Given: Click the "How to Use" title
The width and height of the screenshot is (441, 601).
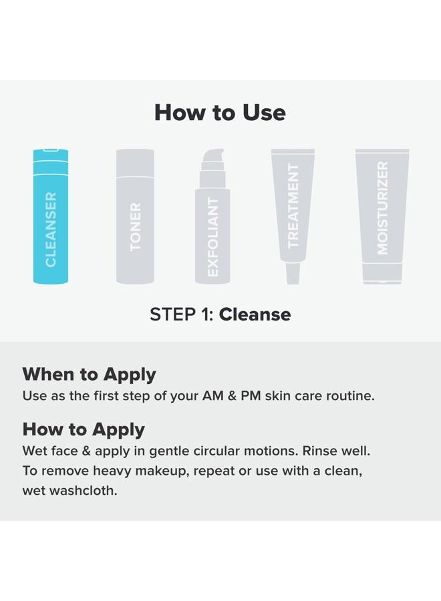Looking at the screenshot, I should pos(220,112).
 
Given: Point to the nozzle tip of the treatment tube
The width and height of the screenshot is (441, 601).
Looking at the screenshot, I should pos(293,274).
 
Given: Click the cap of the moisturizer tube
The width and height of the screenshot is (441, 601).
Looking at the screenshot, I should pos(382,272).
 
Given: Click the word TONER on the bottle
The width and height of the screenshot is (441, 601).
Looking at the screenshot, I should pos(136,227).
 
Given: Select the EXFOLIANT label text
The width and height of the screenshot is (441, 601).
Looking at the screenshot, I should pos(213,236).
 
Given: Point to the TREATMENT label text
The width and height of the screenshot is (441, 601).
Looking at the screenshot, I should pos(293,206).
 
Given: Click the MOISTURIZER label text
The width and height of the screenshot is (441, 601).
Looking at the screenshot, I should pos(382,208).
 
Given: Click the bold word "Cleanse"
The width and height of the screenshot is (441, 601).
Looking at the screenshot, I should pos(255,314).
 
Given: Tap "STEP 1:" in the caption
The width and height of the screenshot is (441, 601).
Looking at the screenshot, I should pos(181,314).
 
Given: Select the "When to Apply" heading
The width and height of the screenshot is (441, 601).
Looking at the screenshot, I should pos(89,374).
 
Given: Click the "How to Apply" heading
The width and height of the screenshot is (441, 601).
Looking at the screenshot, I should pos(84,429).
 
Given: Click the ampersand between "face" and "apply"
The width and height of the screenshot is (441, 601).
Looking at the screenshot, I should pos(84,451).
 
